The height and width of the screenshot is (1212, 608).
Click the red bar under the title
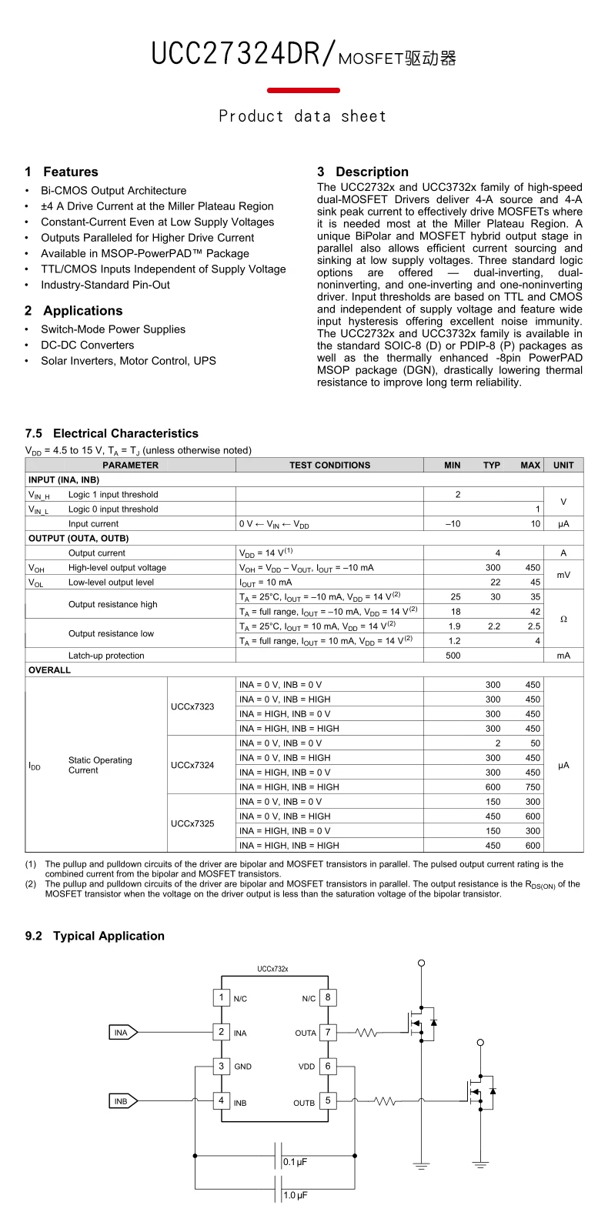pos(303,91)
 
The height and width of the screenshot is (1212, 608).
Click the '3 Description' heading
pos(362,172)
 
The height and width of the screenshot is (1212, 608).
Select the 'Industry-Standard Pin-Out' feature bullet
pos(105,285)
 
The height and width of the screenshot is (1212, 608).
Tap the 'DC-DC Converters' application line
pos(87,346)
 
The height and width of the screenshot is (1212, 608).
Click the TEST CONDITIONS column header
pos(329,466)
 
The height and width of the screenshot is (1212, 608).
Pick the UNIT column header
pos(563,466)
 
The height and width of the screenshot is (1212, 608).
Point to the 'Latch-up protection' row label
pos(106,656)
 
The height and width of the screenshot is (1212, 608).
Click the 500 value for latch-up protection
pos(453,656)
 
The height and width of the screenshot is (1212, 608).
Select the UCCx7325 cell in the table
pos(192,823)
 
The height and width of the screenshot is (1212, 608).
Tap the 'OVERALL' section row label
pos(50,670)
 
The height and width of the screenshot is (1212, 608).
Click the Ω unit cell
pos(563,619)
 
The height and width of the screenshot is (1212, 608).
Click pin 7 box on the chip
pos(328,1032)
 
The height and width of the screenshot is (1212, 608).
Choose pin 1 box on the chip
pos(222,998)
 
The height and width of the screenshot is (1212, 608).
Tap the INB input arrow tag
pos(122,1101)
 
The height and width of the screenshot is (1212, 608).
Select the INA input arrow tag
pos(122,1033)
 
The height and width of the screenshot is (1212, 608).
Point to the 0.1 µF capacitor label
pos(296,1162)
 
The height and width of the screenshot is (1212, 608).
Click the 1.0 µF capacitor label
pos(296,1195)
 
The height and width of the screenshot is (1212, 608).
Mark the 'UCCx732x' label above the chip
pos(272,970)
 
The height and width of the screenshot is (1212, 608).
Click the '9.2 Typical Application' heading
pos(95,936)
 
